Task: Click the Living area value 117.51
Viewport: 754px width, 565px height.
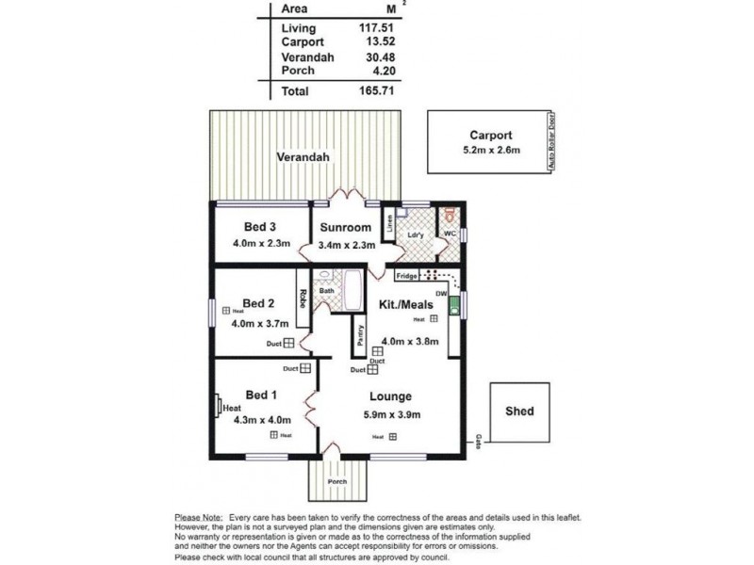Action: point(376,28)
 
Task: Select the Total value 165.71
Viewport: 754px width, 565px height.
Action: point(376,91)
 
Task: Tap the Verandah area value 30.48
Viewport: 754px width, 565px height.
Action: point(379,56)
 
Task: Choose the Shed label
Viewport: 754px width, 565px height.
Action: point(519,411)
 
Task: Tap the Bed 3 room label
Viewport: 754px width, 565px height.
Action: point(259,227)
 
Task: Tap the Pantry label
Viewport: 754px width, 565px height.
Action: point(360,334)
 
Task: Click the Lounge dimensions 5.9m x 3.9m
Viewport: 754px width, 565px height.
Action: point(391,414)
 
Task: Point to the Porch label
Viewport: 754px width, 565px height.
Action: point(336,482)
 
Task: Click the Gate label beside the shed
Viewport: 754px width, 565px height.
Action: point(478,439)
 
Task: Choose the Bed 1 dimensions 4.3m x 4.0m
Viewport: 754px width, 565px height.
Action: point(262,420)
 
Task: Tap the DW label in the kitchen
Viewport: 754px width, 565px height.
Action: point(440,294)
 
